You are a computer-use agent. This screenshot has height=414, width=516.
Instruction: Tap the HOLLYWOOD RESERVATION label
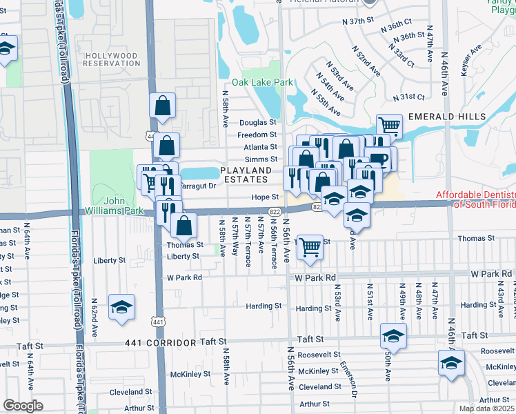(x=110, y=59)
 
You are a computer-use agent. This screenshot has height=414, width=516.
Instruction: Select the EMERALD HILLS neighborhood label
(x=446, y=117)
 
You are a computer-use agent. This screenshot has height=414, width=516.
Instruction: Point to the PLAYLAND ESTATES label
(x=245, y=175)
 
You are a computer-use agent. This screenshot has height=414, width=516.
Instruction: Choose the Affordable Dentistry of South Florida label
(x=476, y=199)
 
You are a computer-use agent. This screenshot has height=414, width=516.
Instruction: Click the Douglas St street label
(x=258, y=122)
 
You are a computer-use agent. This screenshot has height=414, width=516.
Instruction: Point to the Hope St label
(x=264, y=197)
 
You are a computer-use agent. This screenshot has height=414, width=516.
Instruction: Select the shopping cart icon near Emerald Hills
(x=390, y=126)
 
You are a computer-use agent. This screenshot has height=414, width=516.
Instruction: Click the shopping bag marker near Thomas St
(x=183, y=225)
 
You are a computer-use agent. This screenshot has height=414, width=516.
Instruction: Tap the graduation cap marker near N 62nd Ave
(x=122, y=306)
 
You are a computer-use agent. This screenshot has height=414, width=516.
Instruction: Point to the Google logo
(x=23, y=406)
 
